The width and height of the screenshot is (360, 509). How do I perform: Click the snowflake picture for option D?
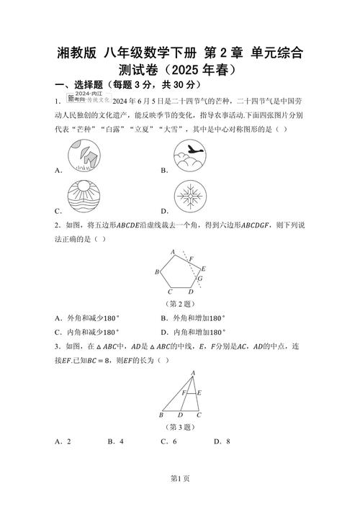[x=192, y=197]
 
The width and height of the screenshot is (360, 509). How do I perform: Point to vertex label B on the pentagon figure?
[x=157, y=272]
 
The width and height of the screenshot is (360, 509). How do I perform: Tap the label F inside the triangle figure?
[x=184, y=393]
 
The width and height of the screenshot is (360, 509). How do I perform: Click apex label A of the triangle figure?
[x=192, y=371]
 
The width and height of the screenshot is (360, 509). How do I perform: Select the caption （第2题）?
[x=180, y=304]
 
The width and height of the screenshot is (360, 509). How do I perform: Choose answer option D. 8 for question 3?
[x=221, y=441]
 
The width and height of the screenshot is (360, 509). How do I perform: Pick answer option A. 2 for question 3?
[x=62, y=441]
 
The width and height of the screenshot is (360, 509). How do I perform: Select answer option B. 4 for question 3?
[x=116, y=441]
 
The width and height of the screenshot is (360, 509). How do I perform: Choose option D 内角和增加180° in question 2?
[x=194, y=332]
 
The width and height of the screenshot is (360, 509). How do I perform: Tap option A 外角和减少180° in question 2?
[x=86, y=317]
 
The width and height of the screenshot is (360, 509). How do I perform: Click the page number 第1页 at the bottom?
[x=180, y=497]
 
